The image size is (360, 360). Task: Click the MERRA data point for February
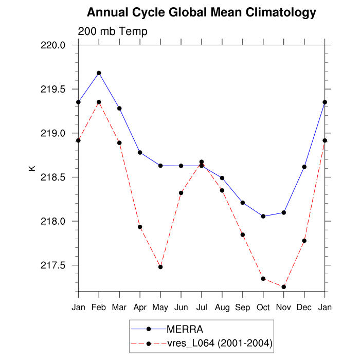tap(99, 73)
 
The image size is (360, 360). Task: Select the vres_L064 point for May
tap(160, 267)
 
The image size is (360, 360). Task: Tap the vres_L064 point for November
tap(284, 286)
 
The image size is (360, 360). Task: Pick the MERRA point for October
tap(263, 216)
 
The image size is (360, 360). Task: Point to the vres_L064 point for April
tap(140, 227)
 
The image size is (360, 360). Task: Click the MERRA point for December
tap(304, 167)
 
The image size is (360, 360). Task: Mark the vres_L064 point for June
tap(181, 193)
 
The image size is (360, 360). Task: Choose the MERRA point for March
tap(119, 108)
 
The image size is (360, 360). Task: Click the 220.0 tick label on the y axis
tap(53, 45)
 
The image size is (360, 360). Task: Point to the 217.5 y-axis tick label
tap(53, 265)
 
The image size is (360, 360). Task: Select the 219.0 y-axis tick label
tap(53, 133)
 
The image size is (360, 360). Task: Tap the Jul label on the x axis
tap(202, 308)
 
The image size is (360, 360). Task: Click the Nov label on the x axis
tap(284, 308)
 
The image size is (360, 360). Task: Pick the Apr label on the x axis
tap(140, 308)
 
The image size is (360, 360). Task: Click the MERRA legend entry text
tap(181, 329)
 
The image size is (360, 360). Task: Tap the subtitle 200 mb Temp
tap(113, 31)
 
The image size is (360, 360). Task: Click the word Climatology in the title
tap(274, 12)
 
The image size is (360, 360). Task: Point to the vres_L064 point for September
tap(243, 235)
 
